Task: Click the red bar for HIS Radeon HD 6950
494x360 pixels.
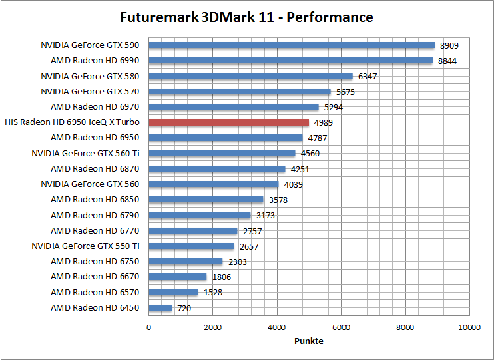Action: [228, 122]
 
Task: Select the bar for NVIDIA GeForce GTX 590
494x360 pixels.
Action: [291, 45]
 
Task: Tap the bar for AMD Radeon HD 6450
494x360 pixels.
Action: [160, 308]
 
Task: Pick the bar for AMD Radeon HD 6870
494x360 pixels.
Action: [216, 169]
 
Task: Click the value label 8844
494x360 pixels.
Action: [447, 61]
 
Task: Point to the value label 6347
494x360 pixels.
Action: [368, 77]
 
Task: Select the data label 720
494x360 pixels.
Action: [184, 309]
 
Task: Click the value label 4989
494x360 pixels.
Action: [324, 123]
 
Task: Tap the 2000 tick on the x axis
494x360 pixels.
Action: [212, 327]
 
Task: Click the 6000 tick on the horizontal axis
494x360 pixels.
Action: [341, 327]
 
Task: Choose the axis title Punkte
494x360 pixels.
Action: [309, 341]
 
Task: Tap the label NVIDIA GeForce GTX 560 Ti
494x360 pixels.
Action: [85, 154]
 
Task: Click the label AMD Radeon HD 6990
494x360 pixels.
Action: [95, 61]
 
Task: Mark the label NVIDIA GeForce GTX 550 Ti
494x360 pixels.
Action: [85, 246]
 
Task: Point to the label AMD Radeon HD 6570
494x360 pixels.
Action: [95, 293]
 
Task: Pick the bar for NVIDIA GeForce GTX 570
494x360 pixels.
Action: [239, 92]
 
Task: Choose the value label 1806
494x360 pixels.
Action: [222, 277]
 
